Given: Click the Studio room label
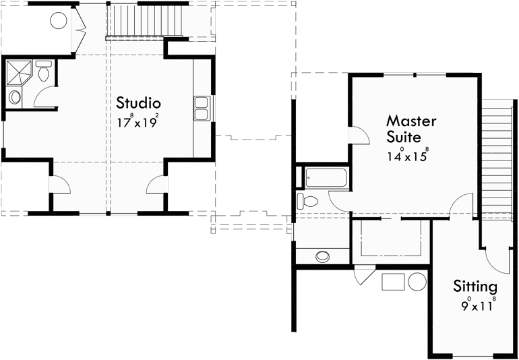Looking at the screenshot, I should tap(138, 103).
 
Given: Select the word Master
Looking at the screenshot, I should tap(411, 121).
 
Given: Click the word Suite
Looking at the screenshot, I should tap(404, 138).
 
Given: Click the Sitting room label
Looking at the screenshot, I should tap(475, 286).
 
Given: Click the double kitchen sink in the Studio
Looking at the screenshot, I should tap(202, 108).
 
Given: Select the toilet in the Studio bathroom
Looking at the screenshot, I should tap(43, 70).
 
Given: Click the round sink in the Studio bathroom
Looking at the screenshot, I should tap(15, 97).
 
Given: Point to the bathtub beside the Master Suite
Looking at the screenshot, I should tap(326, 179).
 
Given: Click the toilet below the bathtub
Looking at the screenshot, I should tap(309, 201).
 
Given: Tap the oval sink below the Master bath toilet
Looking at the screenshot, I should tap(324, 256).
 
